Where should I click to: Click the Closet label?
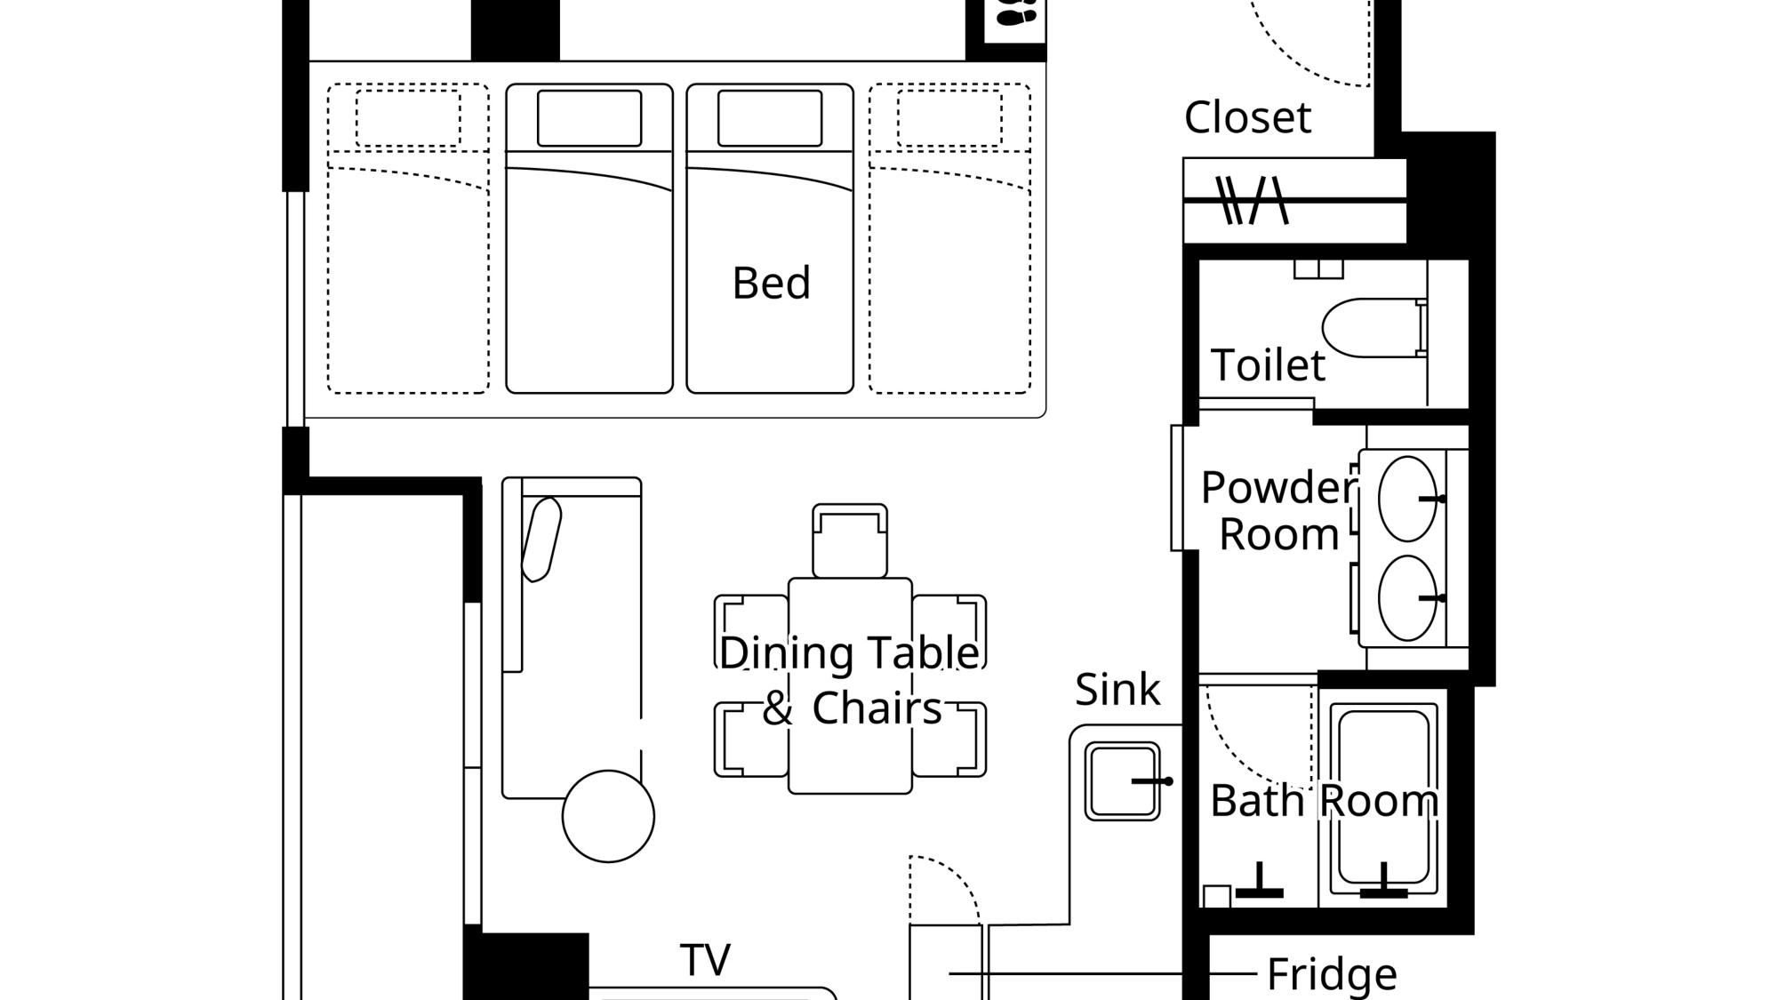click(x=1247, y=117)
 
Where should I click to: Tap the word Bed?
click(x=771, y=283)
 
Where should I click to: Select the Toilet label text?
click(x=1268, y=364)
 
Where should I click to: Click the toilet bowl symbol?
click(x=1374, y=327)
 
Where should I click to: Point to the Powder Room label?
click(x=1279, y=510)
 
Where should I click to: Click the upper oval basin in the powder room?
click(x=1407, y=499)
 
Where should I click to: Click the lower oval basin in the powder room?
click(x=1407, y=598)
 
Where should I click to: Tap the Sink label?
click(x=1117, y=689)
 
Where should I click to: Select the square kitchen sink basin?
click(x=1122, y=781)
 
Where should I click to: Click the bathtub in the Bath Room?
click(x=1383, y=799)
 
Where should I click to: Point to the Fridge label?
click(x=1332, y=974)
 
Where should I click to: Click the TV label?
click(x=706, y=960)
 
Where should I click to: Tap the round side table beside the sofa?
click(x=608, y=816)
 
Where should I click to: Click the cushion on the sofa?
click(x=541, y=540)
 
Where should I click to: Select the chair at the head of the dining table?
click(x=849, y=540)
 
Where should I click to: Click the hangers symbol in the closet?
click(x=1252, y=200)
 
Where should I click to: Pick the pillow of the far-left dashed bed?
click(x=408, y=118)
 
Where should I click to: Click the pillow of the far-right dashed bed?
click(x=949, y=118)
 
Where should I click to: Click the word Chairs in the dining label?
click(x=877, y=708)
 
